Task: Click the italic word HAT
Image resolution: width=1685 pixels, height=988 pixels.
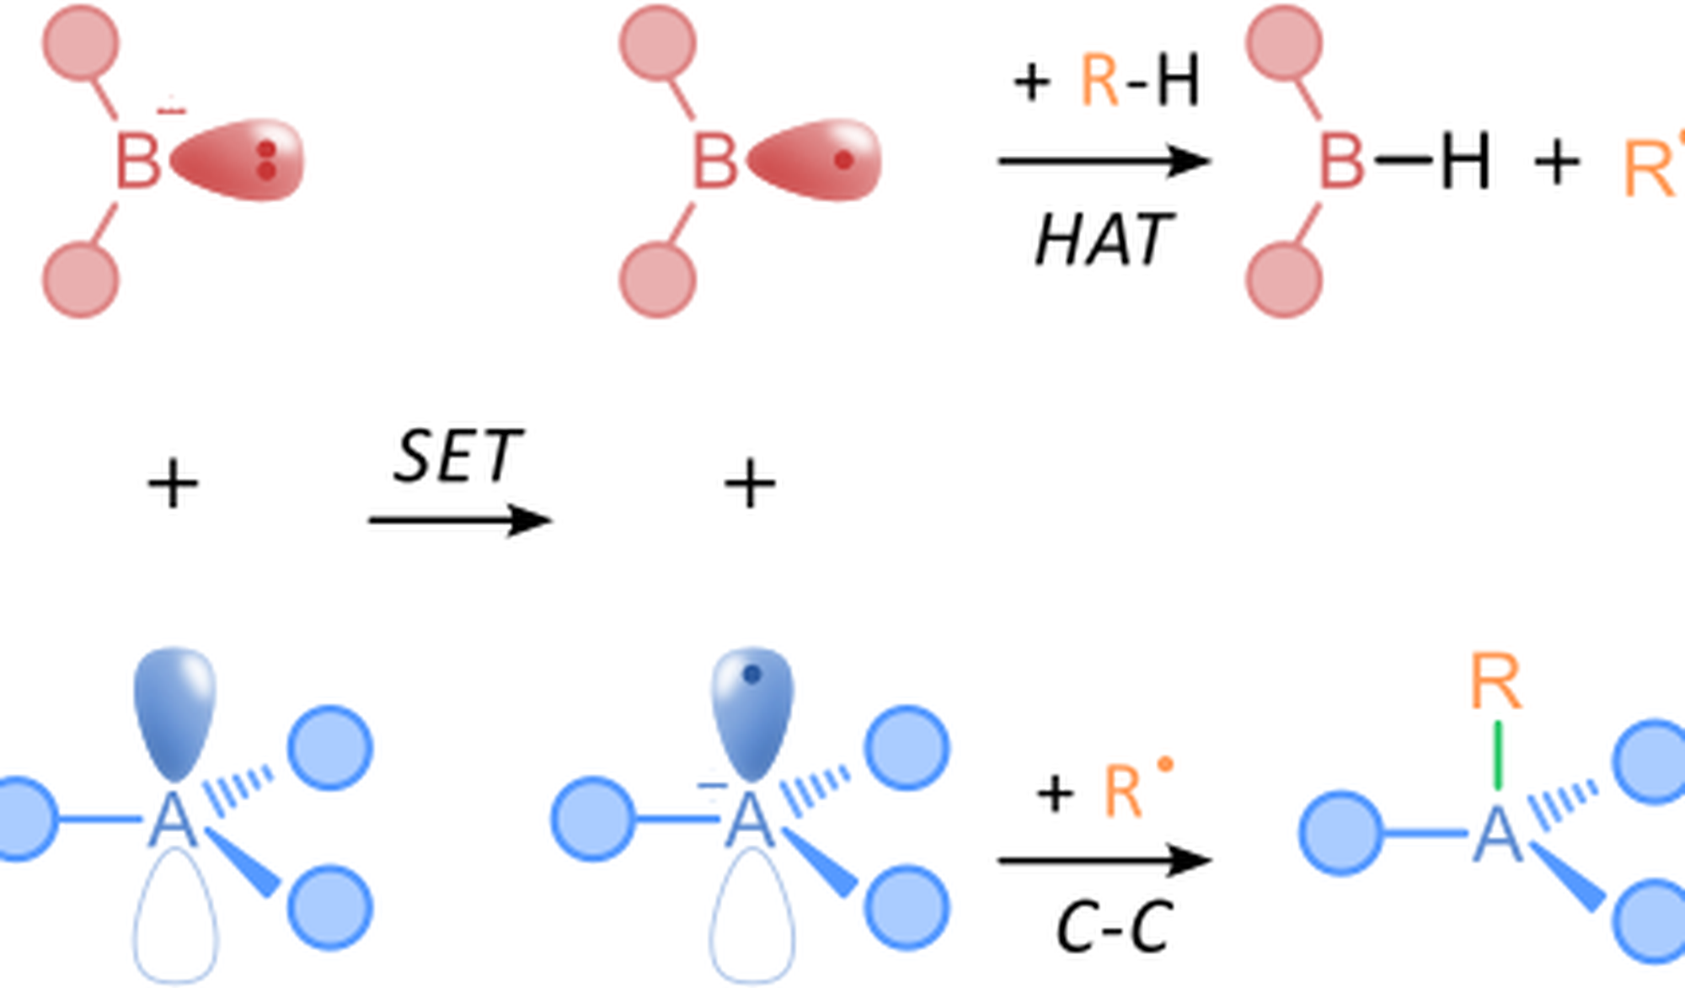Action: [x=1102, y=240]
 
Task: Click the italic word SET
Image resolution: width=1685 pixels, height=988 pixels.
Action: [x=457, y=457]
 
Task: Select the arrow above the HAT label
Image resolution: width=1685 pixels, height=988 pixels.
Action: [x=1104, y=160]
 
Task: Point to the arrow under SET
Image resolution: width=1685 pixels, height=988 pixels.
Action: [x=460, y=520]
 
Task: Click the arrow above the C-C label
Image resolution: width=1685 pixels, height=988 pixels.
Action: [x=1104, y=860]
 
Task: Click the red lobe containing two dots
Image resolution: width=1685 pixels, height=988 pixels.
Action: [x=240, y=160]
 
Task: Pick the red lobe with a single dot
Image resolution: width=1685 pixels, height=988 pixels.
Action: [x=817, y=160]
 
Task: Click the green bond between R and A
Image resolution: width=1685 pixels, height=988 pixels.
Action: [x=1497, y=755]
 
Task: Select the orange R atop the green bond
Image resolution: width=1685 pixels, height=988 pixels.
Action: [x=1495, y=682]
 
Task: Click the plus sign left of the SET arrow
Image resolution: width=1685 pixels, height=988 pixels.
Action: [x=173, y=484]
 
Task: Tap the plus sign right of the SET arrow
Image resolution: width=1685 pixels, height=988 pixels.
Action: [x=750, y=484]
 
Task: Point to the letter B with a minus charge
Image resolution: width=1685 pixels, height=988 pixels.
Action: [x=137, y=160]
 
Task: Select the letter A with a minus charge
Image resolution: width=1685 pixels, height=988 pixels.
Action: [x=749, y=821]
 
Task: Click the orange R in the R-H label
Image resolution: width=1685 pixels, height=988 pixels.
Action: [x=1099, y=82]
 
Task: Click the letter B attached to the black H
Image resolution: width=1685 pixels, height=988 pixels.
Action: [x=1341, y=160]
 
